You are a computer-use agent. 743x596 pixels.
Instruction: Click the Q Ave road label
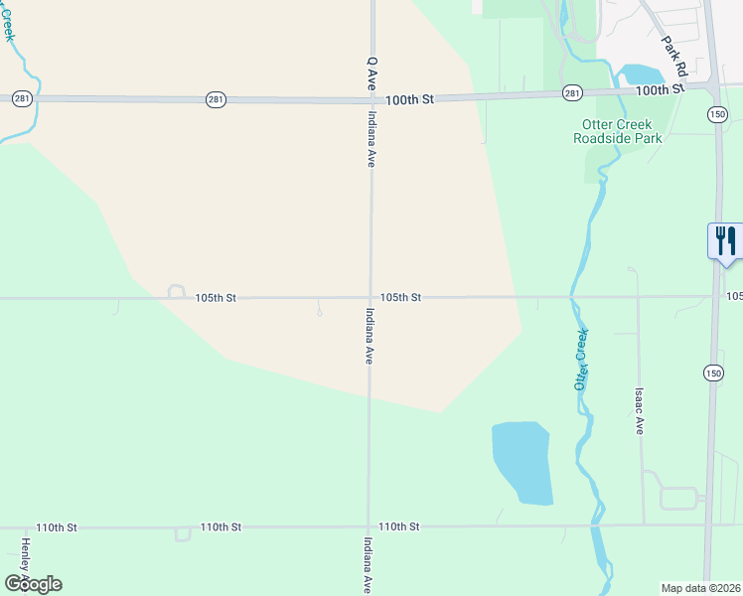click(371, 74)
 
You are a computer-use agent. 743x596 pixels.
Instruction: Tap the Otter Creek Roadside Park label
click(617, 131)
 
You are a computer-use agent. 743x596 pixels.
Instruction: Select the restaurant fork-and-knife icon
click(725, 240)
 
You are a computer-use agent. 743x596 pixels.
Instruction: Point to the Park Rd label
click(674, 57)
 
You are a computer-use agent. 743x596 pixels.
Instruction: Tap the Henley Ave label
click(25, 561)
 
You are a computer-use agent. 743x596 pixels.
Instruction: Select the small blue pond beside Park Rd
click(641, 74)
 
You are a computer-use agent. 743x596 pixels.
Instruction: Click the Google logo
click(33, 584)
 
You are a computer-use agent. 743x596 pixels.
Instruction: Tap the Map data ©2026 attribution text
click(700, 588)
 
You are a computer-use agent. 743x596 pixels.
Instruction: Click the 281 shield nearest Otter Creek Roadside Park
click(572, 92)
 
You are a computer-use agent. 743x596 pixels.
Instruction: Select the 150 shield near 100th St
click(717, 114)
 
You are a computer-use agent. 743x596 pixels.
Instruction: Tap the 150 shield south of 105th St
click(713, 372)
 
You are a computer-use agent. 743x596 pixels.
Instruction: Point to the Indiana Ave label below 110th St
click(368, 565)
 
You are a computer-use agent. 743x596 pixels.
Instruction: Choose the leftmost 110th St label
click(57, 527)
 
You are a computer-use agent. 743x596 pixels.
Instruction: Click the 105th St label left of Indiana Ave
click(216, 298)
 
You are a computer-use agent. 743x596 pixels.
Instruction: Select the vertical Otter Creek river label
click(582, 359)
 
